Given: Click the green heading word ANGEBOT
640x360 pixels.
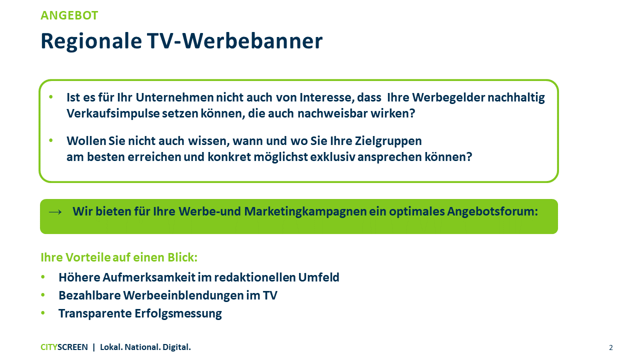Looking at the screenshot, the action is click(x=69, y=15).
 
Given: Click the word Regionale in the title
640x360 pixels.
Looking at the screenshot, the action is click(x=91, y=41).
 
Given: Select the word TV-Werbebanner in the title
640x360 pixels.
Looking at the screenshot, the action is click(x=235, y=41).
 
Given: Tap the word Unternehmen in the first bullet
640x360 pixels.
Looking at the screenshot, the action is click(x=174, y=97).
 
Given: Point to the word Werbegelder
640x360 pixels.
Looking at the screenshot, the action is click(x=448, y=98).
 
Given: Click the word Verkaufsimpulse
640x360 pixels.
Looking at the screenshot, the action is click(x=113, y=113).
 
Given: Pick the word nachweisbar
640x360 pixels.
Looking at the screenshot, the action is click(x=332, y=113).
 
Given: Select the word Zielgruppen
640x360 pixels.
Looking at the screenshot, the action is click(x=388, y=141).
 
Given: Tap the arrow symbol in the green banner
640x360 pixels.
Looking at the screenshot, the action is click(x=55, y=211).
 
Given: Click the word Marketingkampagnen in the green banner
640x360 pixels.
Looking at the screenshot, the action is click(x=305, y=211).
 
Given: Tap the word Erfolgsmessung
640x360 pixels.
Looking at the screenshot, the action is click(x=178, y=313).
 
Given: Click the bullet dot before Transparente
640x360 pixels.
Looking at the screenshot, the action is click(x=43, y=313).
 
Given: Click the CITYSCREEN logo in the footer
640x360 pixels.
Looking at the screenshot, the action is click(x=64, y=347).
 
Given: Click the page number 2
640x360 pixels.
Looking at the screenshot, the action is click(x=611, y=347).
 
